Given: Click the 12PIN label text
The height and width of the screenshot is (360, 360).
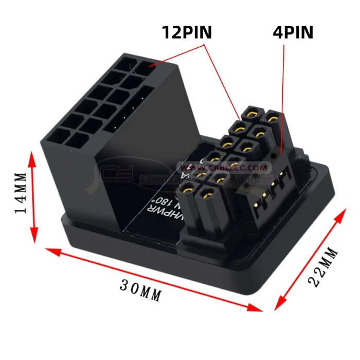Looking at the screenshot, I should pos(187,32).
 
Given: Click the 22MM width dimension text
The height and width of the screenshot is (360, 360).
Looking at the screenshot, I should pos(323,266).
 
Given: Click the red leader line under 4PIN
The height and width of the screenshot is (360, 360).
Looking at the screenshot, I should pos(283,93).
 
